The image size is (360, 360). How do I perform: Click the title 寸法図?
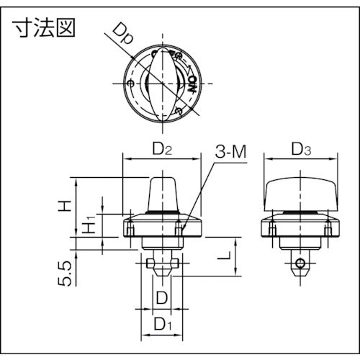[44, 28]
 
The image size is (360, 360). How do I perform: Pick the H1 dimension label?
[89, 225]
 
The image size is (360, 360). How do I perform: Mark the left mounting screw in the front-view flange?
[131, 229]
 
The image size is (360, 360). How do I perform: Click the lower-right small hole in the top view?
[177, 110]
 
